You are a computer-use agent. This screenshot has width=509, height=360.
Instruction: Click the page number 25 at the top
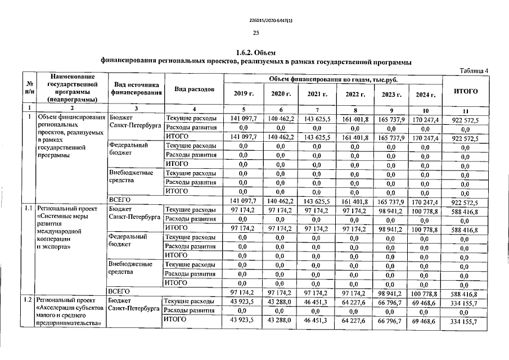[255, 33]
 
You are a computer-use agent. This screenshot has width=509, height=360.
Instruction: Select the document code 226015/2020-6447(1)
[255, 21]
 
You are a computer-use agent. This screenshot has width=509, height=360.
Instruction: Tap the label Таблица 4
[474, 70]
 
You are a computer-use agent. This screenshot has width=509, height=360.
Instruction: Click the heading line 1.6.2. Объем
[255, 52]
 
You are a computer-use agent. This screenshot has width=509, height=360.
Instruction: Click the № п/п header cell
[28, 88]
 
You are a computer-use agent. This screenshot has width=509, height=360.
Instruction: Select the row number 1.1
[28, 209]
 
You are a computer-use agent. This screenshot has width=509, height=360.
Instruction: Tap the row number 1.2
[28, 301]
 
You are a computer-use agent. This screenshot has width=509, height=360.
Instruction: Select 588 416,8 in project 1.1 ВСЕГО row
[465, 293]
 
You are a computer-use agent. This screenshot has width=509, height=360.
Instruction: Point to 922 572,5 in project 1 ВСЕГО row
[465, 201]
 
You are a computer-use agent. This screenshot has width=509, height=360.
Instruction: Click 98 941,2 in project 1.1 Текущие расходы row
[390, 210]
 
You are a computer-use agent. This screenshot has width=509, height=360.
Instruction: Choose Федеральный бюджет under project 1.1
[128, 241]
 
